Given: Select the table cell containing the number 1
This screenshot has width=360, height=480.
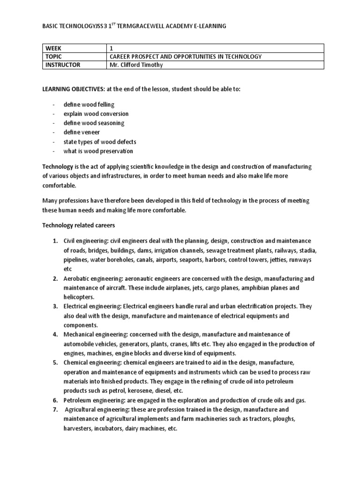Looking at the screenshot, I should click(x=111, y=48).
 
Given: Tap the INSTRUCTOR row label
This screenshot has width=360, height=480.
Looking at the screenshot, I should click(x=62, y=65).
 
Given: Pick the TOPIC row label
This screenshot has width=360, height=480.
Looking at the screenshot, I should click(x=54, y=57).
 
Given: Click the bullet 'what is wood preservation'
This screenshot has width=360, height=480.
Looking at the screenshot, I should click(x=98, y=151).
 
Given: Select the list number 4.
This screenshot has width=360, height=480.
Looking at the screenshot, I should click(x=54, y=334).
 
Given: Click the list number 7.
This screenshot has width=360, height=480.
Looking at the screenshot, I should click(x=54, y=409).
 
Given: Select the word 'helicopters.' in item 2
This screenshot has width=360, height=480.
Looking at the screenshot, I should click(x=79, y=297).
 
